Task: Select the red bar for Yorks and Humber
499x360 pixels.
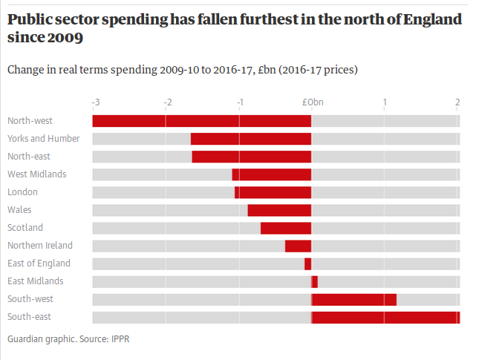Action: pyautogui.click(x=251, y=139)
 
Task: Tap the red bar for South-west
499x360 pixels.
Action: pyautogui.click(x=354, y=299)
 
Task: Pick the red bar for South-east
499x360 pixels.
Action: pyautogui.click(x=385, y=318)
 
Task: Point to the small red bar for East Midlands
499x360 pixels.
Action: pyautogui.click(x=315, y=281)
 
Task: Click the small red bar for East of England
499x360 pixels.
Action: pyautogui.click(x=308, y=264)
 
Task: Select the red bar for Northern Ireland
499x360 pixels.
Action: pyautogui.click(x=299, y=246)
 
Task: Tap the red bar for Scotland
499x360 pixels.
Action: pyautogui.click(x=286, y=228)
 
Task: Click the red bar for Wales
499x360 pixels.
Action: pyautogui.click(x=280, y=210)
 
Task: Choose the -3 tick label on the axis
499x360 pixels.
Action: pyautogui.click(x=95, y=102)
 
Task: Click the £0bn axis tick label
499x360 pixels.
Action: pyautogui.click(x=313, y=102)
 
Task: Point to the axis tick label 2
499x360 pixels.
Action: pyautogui.click(x=457, y=102)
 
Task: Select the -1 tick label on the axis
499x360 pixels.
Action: pyautogui.click(x=240, y=102)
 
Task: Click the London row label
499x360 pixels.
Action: pyautogui.click(x=22, y=192)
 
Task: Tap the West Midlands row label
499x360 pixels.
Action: pyautogui.click(x=36, y=174)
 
